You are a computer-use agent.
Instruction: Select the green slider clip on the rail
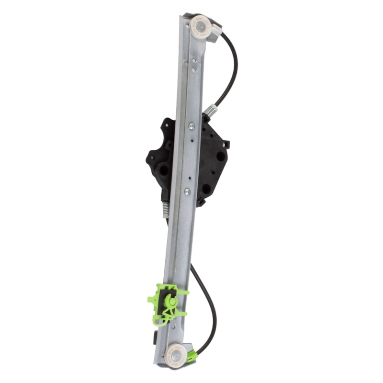tap(168, 304)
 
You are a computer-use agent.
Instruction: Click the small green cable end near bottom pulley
tap(192, 356)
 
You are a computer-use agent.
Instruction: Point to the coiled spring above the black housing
tap(210, 111)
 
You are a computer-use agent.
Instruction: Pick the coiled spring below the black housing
tap(166, 207)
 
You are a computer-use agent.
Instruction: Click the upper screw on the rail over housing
tap(192, 126)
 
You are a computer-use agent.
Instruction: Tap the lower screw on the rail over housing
tap(187, 191)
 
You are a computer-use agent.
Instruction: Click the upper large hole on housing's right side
tap(221, 156)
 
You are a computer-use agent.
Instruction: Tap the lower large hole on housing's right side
tap(206, 189)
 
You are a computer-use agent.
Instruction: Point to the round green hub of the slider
tap(169, 301)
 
